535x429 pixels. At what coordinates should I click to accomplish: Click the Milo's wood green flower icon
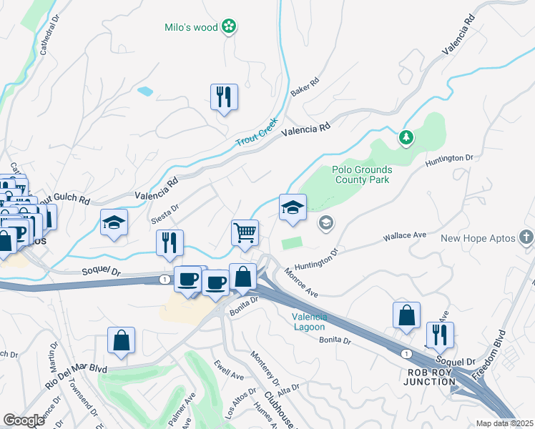point(229,27)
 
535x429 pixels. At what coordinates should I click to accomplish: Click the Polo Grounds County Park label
point(361,174)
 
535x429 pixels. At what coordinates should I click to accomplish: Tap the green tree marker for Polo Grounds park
point(406,136)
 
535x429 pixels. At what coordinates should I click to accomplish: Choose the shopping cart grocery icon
point(245,232)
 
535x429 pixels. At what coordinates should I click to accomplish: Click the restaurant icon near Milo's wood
point(224,97)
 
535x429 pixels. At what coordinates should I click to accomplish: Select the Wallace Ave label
point(404,235)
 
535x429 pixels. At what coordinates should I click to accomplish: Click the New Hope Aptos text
point(477,237)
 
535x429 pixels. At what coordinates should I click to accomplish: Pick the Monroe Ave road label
point(300,283)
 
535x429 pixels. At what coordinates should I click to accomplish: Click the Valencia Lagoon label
point(310,322)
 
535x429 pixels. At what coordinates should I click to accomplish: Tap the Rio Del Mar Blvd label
point(77,377)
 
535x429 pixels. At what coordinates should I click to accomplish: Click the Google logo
point(24,420)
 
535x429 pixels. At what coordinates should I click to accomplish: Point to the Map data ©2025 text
point(504,423)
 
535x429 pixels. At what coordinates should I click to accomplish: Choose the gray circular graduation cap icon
point(326,224)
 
